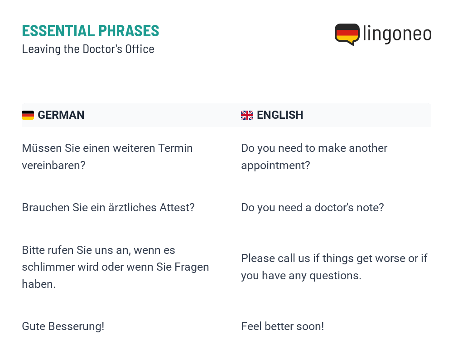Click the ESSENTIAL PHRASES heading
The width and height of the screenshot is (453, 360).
(91, 31)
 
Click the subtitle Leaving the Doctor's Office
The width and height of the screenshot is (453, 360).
(88, 49)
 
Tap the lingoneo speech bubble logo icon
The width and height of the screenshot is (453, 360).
(347, 34)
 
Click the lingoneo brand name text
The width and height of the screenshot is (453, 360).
(397, 34)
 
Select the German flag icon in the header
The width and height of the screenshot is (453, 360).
(28, 115)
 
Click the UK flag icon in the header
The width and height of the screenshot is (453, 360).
(247, 115)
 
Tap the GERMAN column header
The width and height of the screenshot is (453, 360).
(61, 115)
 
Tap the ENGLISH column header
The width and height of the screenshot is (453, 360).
(280, 115)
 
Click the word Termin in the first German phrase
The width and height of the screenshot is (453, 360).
(175, 148)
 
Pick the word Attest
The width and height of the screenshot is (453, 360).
(174, 208)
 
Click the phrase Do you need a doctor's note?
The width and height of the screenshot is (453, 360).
(313, 208)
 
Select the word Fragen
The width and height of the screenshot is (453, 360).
(192, 267)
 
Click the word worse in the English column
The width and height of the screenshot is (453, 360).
(389, 258)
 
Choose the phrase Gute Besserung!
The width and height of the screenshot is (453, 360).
(63, 326)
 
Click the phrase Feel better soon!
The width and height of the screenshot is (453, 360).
(283, 326)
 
